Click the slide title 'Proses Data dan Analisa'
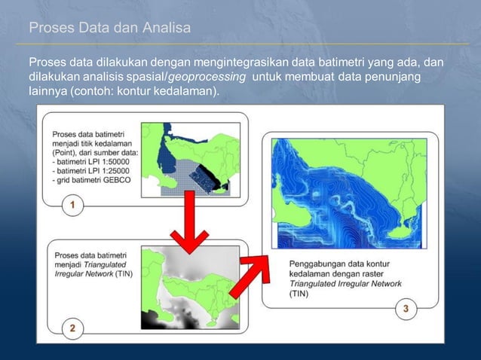[x=109, y=29]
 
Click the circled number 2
[x=72, y=328]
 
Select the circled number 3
[x=406, y=309]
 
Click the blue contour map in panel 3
[x=351, y=194]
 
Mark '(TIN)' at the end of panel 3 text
[x=299, y=294]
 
